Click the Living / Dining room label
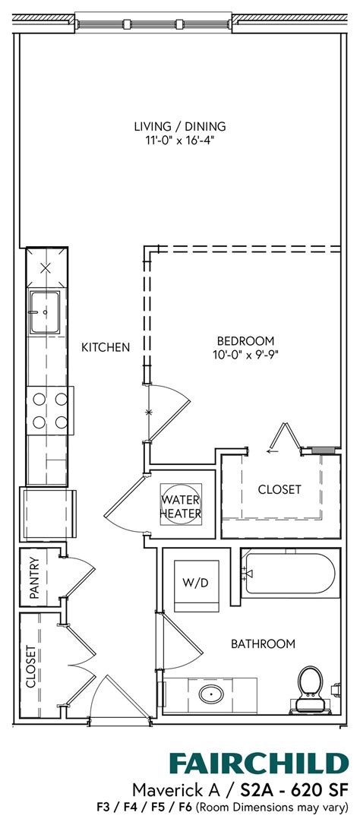point(180,126)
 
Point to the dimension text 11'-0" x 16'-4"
point(180,140)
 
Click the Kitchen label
point(106,347)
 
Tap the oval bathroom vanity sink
point(210,693)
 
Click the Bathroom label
point(263,644)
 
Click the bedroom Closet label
point(279,489)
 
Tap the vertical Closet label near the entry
point(31,666)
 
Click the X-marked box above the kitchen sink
point(46,267)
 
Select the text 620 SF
point(319,788)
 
